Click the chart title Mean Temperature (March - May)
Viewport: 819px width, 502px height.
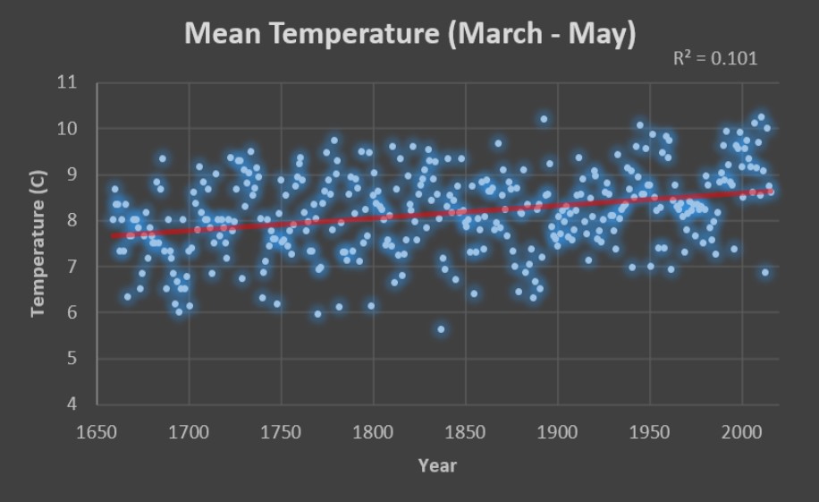click(409, 34)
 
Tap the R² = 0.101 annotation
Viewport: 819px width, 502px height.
click(714, 59)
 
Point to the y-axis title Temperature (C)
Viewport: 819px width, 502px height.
click(38, 258)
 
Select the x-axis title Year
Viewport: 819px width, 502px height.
click(437, 465)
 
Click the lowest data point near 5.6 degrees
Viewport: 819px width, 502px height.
click(441, 329)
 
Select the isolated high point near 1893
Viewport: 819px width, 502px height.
click(544, 119)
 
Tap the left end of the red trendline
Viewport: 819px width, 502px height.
click(112, 236)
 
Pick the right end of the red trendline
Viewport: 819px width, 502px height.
click(772, 191)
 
